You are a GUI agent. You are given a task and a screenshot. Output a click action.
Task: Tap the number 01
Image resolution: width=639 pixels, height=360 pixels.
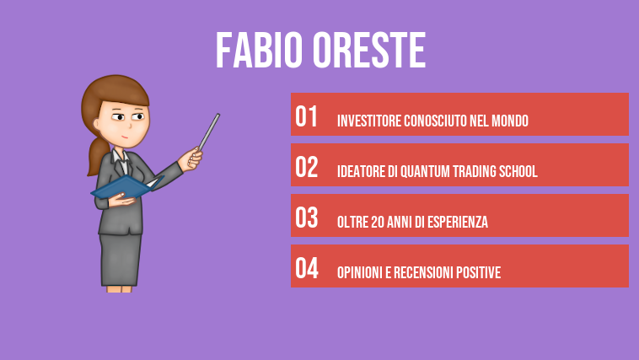(307, 117)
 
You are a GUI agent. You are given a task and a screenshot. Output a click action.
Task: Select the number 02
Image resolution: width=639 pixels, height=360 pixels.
(307, 168)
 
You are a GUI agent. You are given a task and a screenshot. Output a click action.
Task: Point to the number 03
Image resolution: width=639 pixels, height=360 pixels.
(307, 218)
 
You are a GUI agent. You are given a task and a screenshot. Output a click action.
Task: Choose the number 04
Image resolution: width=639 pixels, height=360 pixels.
(307, 269)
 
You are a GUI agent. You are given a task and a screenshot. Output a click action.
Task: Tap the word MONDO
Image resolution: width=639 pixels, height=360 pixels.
(508, 121)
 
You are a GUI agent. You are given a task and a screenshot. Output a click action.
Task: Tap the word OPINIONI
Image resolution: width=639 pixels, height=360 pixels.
(358, 273)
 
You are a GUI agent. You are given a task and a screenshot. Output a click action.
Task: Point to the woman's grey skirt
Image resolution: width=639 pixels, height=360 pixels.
(121, 258)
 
